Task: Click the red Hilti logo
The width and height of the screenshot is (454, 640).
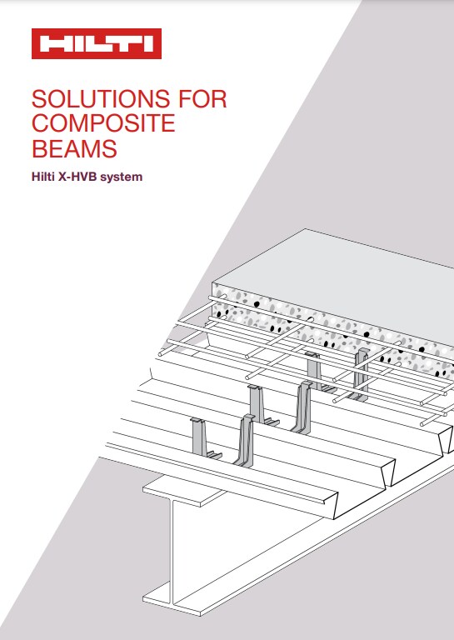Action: pos(96,44)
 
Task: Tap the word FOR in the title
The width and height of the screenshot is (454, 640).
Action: pos(201,99)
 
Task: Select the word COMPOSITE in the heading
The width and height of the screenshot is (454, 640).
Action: pos(102,125)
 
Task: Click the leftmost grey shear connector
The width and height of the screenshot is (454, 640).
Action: pos(198,437)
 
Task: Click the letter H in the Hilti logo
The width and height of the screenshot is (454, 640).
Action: pos(52,44)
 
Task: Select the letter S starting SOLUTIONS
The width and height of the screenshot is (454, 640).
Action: pos(38,99)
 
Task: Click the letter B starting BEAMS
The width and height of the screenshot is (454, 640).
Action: pos(38,150)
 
